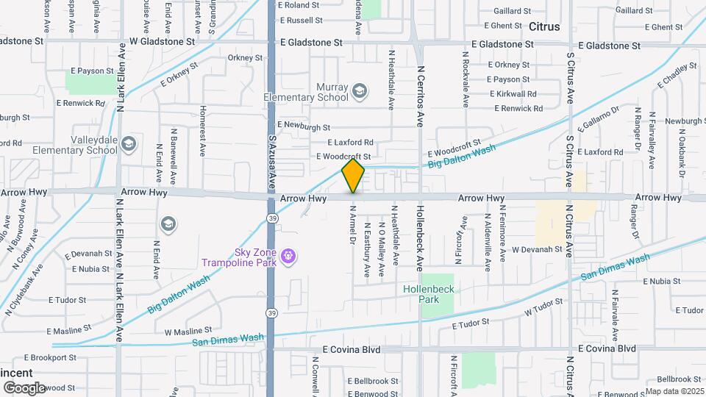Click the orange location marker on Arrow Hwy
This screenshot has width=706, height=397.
[353, 176]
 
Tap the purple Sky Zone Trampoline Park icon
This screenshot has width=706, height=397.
[288, 256]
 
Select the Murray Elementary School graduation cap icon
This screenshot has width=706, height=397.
[359, 91]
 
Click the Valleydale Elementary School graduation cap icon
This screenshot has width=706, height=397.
[129, 143]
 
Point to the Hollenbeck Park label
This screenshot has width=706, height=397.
[430, 294]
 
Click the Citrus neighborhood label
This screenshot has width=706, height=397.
[543, 26]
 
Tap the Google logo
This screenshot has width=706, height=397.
[24, 387]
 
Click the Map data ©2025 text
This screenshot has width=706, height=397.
[674, 391]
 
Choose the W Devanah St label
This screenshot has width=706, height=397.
[537, 250]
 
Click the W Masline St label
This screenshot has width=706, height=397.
[188, 331]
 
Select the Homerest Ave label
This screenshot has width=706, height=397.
[202, 131]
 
